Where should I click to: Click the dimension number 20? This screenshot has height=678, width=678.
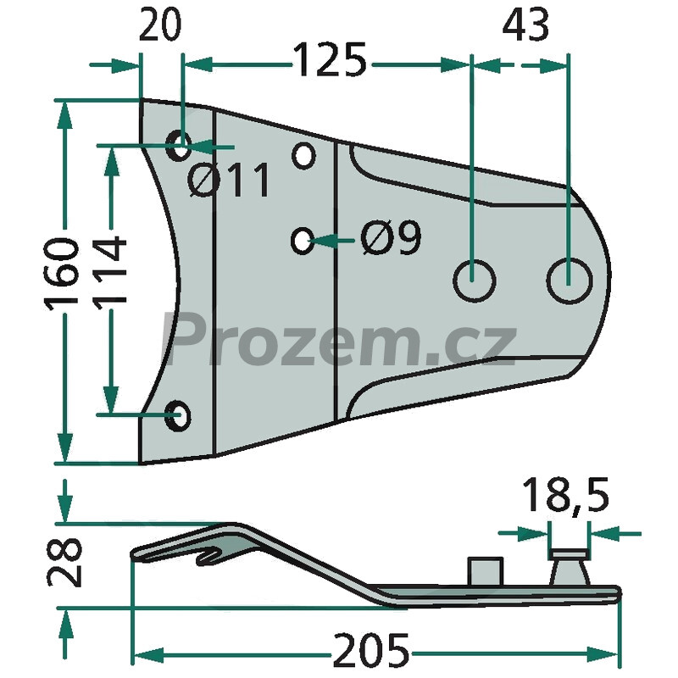(159, 25)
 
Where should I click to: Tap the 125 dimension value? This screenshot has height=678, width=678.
(330, 59)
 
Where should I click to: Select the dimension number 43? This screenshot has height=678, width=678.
(525, 25)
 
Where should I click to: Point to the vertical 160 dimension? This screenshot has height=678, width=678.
(62, 274)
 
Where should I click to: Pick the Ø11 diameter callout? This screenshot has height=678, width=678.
(229, 180)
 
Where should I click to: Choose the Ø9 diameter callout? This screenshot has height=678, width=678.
(391, 237)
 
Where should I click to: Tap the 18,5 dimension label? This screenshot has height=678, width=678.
(565, 495)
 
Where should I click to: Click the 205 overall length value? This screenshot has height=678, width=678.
(371, 650)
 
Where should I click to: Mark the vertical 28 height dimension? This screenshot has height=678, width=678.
(64, 562)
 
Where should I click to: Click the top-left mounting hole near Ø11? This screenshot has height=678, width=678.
(179, 145)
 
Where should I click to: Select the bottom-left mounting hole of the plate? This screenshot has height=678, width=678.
(179, 415)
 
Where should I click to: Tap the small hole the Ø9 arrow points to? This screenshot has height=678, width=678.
(303, 240)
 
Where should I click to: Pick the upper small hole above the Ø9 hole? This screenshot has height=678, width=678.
(303, 155)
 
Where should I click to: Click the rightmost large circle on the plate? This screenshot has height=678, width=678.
(570, 281)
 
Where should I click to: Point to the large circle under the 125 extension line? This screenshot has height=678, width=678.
(474, 281)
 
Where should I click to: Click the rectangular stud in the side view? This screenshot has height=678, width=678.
(486, 571)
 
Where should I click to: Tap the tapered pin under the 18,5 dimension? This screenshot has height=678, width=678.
(569, 567)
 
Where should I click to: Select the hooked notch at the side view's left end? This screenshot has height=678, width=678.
(209, 555)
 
